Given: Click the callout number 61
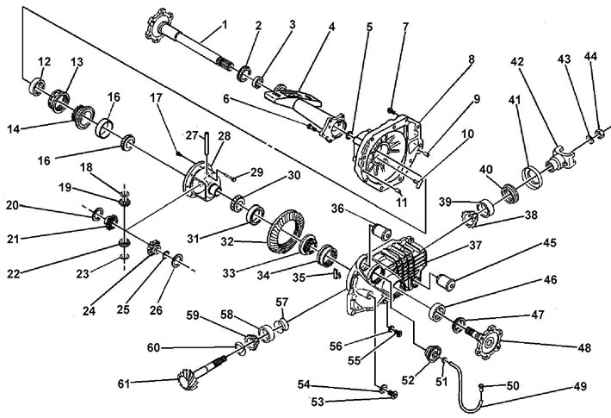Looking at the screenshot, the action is coord(124,384).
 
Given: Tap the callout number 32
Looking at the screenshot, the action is coord(227,242).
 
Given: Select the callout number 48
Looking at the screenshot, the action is coord(584,347).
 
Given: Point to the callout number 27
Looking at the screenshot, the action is coord(192,135).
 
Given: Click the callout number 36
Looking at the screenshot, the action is coord(337,209).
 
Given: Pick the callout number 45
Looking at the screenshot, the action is coord(550,243).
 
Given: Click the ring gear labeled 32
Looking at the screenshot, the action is coord(286,233).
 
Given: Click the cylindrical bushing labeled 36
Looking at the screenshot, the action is coord(381,231).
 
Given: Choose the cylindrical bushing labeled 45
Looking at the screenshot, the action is coord(446,283).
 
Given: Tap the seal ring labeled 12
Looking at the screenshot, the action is coord(37,87).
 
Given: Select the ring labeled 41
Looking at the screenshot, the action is coord(532,176).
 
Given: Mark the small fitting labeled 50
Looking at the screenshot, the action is coord(481,386).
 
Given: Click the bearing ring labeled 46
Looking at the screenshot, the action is coord(437,312).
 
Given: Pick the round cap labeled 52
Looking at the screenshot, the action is coord(432,354).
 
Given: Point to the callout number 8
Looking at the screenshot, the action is coord(472,59).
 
